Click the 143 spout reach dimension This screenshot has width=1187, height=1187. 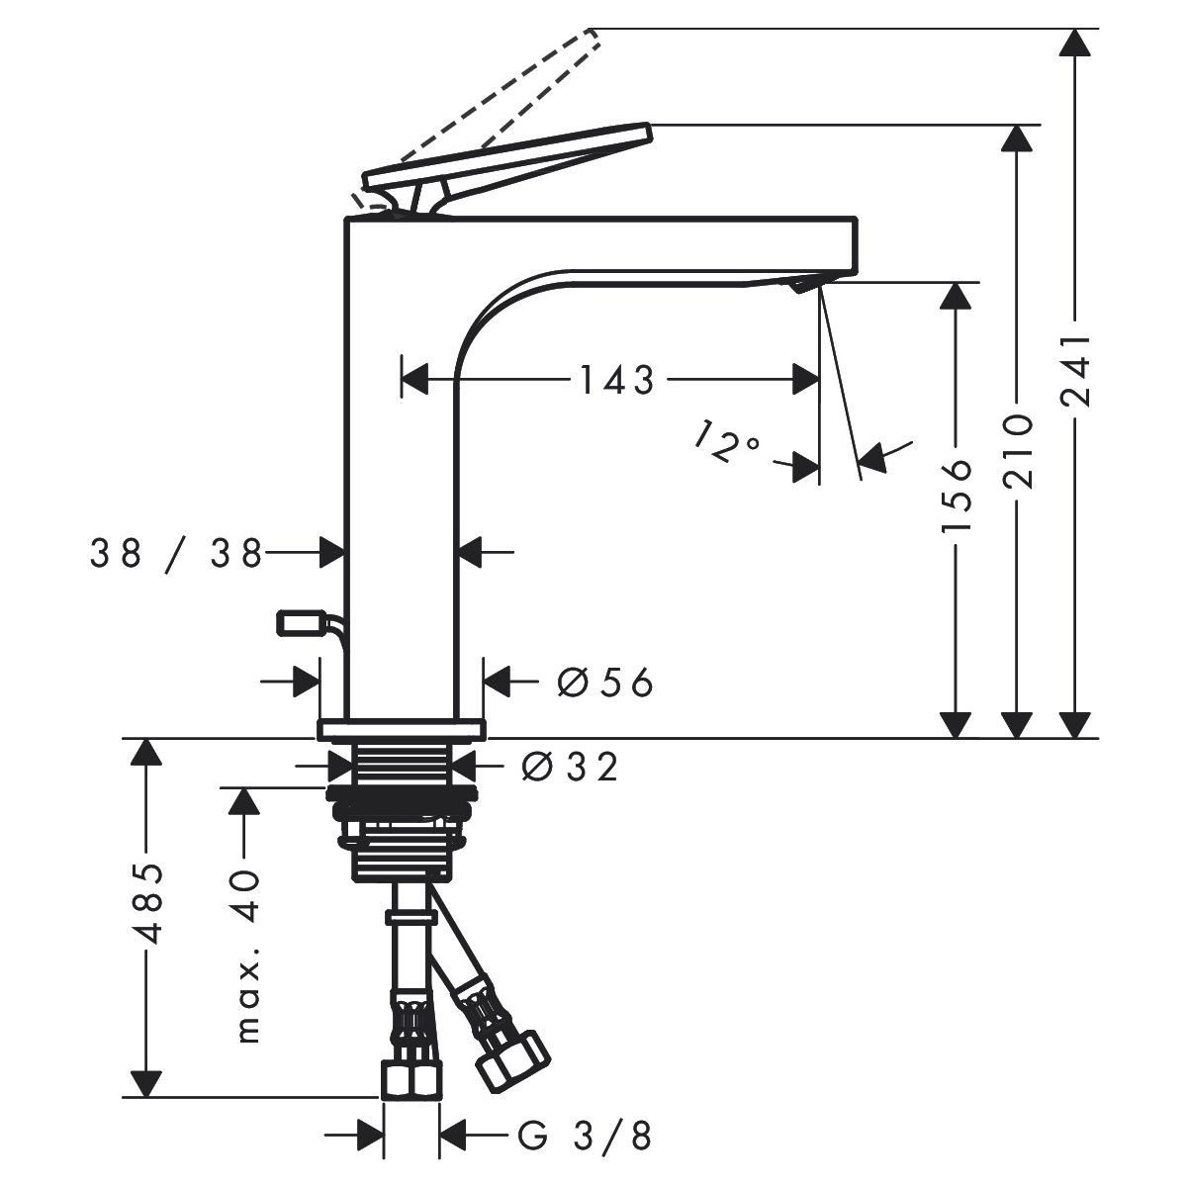pyautogui.click(x=616, y=380)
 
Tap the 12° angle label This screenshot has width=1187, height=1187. pyautogui.click(x=727, y=441)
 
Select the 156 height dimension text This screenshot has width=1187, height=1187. pyautogui.click(x=956, y=496)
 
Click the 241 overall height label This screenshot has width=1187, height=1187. pyautogui.click(x=1075, y=371)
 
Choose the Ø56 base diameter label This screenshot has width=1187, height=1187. pyautogui.click(x=605, y=683)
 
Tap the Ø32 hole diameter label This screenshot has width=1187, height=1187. pyautogui.click(x=569, y=767)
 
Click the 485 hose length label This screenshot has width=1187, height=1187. pyautogui.click(x=148, y=904)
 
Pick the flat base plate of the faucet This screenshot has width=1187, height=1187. pyautogui.click(x=401, y=729)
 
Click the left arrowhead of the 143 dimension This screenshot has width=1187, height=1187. pyautogui.click(x=413, y=379)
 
